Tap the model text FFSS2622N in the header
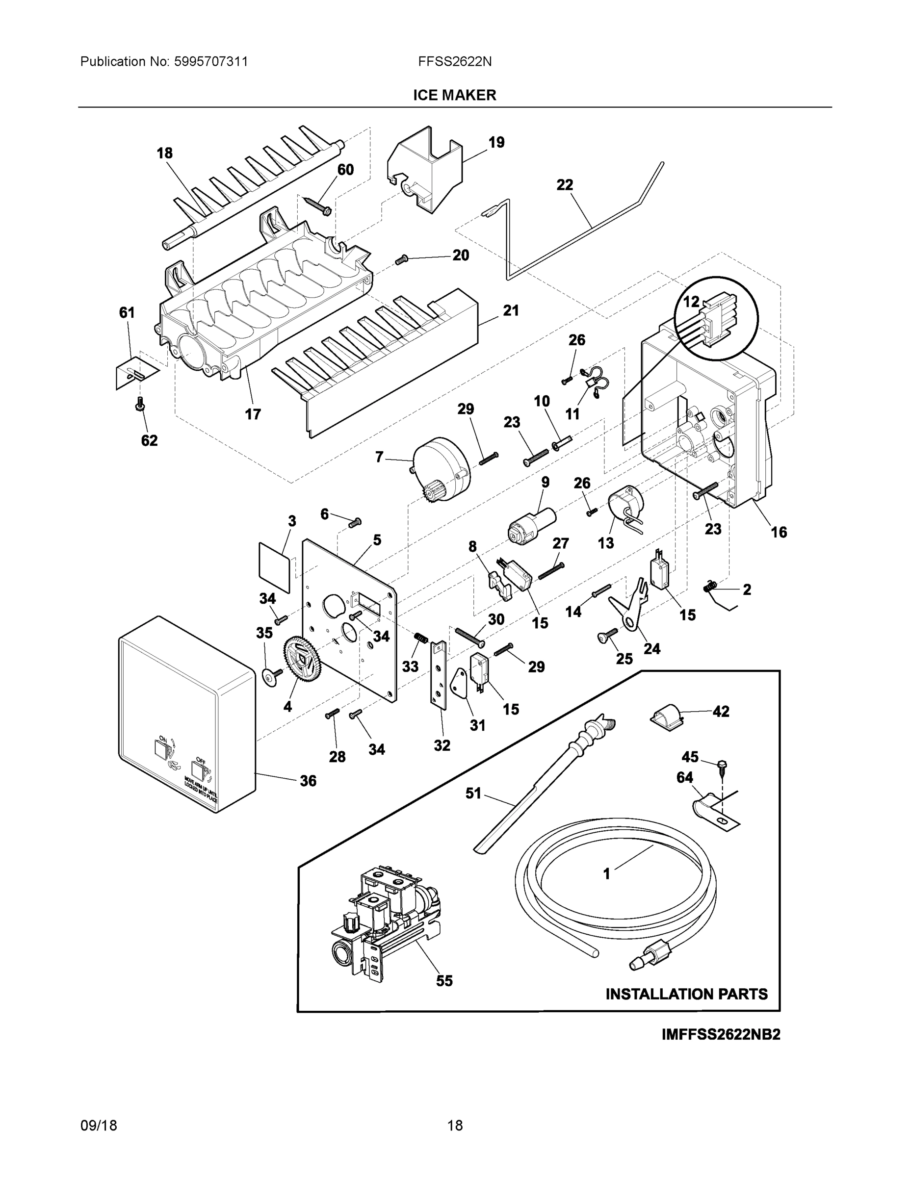tap(454, 61)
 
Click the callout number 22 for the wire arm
tap(565, 185)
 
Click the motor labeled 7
tap(441, 469)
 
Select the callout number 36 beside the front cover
tap(308, 780)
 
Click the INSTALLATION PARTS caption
tap(686, 994)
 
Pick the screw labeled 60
tap(317, 206)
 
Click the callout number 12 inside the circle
tap(691, 302)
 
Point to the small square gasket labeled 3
tap(274, 567)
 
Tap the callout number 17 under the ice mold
tap(253, 414)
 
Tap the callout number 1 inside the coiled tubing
tap(606, 873)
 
